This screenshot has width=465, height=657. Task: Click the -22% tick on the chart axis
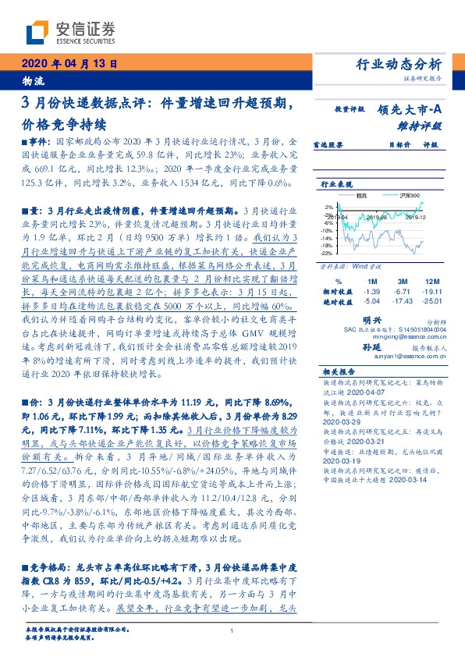[326, 254]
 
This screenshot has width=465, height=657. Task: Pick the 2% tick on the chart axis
[328, 208]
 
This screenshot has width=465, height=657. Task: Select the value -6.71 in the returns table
[403, 290]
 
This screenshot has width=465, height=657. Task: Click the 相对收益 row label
[336, 290]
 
